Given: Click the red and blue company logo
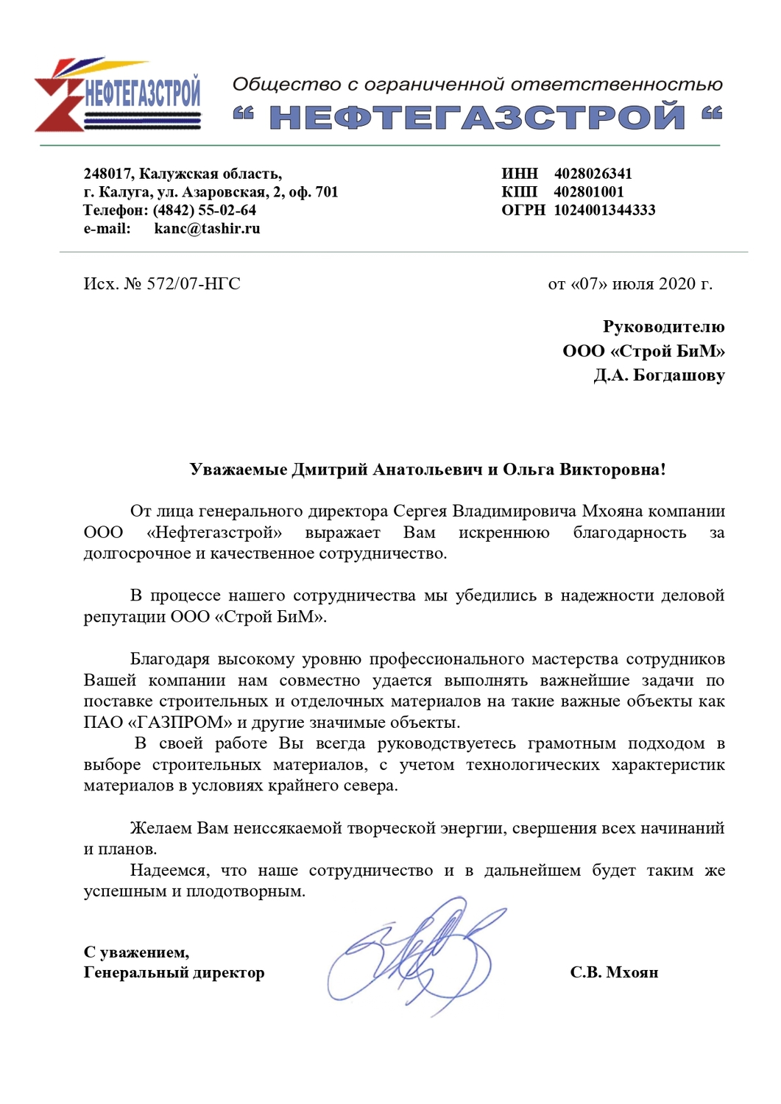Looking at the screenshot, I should [118, 96].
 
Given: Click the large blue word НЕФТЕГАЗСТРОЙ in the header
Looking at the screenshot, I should [477, 117].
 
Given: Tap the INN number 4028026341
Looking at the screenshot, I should [593, 174].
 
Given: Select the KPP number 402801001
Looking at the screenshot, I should [589, 192].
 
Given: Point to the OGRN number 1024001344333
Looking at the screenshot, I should [604, 210].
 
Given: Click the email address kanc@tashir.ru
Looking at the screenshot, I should [207, 229].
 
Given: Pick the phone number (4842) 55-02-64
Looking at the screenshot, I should [205, 210].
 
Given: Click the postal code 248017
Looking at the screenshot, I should [107, 174].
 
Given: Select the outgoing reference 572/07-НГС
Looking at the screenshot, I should [194, 284].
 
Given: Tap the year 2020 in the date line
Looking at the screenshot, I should [676, 284].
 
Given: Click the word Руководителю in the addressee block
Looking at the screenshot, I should [663, 327].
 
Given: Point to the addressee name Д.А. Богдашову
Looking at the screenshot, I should [660, 375].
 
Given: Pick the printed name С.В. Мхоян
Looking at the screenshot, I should [614, 973].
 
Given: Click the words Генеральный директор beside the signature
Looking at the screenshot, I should [174, 973].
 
